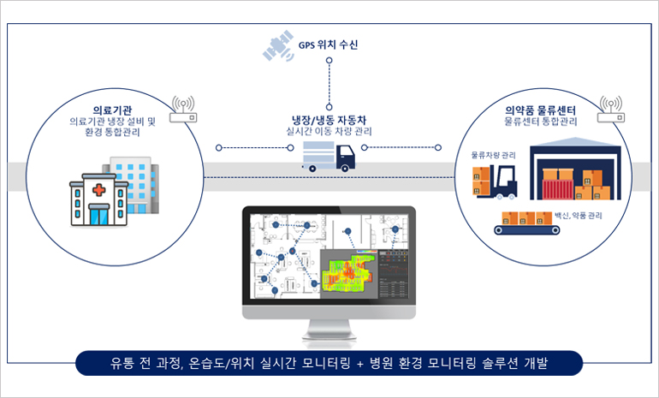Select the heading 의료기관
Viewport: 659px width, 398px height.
click(110, 110)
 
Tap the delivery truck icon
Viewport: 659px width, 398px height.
click(329, 157)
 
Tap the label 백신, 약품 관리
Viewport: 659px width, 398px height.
click(578, 217)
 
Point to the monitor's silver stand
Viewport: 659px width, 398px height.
click(329, 332)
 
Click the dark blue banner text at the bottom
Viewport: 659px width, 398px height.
click(329, 364)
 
